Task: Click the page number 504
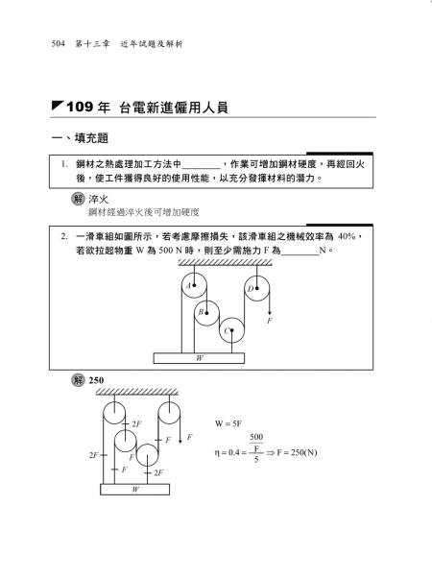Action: pyautogui.click(x=59, y=44)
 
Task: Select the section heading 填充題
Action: pyautogui.click(x=91, y=138)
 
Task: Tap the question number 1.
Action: pyautogui.click(x=64, y=164)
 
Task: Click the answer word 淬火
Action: pyautogui.click(x=99, y=200)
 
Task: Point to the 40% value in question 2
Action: pyautogui.click(x=347, y=236)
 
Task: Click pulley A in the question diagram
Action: pyautogui.click(x=194, y=285)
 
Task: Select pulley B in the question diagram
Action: pyautogui.click(x=206, y=313)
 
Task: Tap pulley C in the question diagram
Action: pyautogui.click(x=232, y=330)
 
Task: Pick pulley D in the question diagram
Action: pyautogui.click(x=257, y=289)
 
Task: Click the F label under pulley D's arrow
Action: pyautogui.click(x=270, y=321)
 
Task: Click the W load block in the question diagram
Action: pyautogui.click(x=199, y=358)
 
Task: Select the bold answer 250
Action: pyautogui.click(x=96, y=380)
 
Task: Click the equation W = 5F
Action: pyautogui.click(x=228, y=424)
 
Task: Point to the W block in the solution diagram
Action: pyautogui.click(x=135, y=490)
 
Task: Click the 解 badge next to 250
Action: pyautogui.click(x=78, y=380)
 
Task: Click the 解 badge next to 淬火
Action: pyautogui.click(x=78, y=199)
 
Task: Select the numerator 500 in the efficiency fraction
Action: pyautogui.click(x=256, y=437)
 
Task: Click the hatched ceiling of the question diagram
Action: pyautogui.click(x=226, y=262)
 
